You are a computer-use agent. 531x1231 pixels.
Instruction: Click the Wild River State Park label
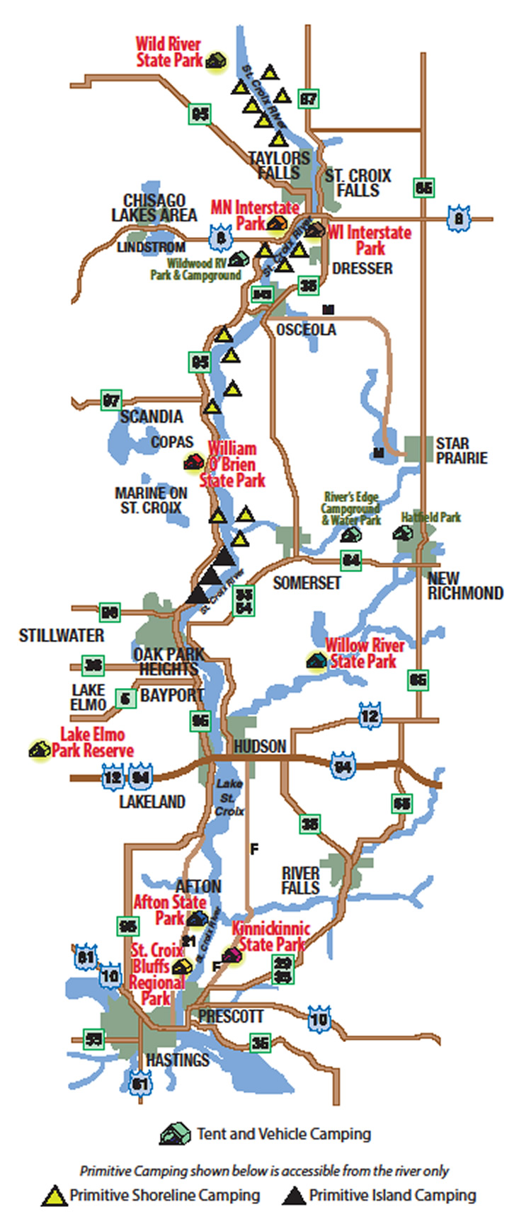[169, 53]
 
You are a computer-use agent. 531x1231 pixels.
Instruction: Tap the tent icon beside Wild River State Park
[216, 62]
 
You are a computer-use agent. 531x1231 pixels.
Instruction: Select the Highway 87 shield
[308, 98]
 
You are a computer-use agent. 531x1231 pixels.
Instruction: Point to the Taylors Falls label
[279, 165]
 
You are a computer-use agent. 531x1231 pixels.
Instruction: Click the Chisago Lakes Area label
[154, 207]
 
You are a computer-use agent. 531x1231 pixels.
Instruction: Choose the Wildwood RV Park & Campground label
[195, 269]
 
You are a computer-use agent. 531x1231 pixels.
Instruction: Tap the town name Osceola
[306, 330]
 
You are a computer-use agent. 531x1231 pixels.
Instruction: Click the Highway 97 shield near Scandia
[111, 401]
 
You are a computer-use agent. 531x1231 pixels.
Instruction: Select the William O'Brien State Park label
[232, 464]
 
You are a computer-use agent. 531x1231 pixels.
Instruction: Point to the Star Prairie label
[462, 451]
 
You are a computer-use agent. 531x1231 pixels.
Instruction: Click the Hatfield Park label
[430, 517]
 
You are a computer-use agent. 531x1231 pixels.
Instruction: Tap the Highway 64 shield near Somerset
[351, 561]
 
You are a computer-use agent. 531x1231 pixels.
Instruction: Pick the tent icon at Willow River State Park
[316, 661]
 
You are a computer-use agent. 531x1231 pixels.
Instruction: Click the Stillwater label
[61, 636]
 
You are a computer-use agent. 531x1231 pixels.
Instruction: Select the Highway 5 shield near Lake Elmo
[126, 699]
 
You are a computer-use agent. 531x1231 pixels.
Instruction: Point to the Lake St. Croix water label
[229, 797]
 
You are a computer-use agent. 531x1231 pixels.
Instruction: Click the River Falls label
[300, 881]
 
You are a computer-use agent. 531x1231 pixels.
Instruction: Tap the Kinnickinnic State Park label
[271, 936]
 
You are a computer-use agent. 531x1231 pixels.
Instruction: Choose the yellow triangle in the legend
[54, 1196]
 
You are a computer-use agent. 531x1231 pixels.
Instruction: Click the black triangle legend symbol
[293, 1196]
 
